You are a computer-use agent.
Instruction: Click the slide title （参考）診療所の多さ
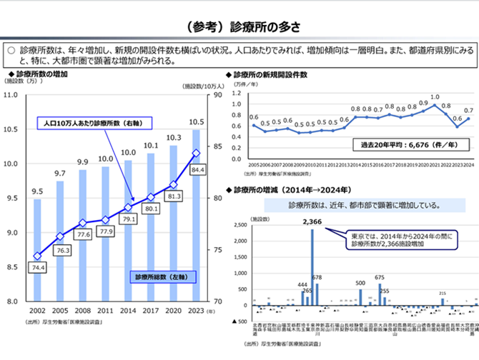239,26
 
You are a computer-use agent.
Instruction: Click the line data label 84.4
198,169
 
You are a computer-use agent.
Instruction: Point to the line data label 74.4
37,267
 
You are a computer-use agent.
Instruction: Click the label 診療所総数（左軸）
158,276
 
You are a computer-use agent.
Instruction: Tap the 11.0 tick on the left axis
11,95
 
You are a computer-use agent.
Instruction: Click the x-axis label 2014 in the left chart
129,311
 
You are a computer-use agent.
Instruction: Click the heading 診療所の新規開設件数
270,74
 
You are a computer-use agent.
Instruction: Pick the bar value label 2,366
312,221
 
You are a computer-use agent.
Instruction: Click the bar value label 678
317,276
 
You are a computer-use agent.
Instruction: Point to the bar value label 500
360,283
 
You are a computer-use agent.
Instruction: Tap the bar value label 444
302,284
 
